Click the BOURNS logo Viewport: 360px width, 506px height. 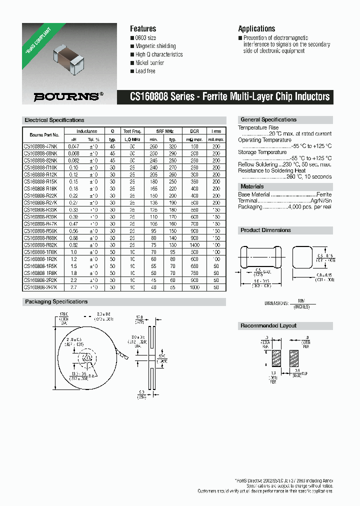pyautogui.click(x=68, y=97)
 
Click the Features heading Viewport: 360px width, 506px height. pyautogui.click(x=143, y=29)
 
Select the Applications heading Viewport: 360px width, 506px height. pyautogui.click(x=256, y=29)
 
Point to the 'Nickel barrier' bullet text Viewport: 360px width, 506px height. pyautogui.click(x=149, y=63)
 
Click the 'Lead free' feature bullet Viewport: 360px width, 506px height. pyautogui.click(x=145, y=71)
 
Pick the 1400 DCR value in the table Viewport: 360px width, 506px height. pyautogui.click(x=194, y=245)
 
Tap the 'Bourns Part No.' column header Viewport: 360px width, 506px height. pyautogui.click(x=44, y=135)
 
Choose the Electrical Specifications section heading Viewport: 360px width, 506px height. pyautogui.click(x=54, y=120)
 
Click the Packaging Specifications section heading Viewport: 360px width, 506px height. pyautogui.click(x=56, y=302)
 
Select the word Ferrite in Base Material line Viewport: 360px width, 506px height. pyautogui.click(x=323, y=194)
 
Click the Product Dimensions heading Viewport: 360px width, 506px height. pyautogui.click(x=265, y=230)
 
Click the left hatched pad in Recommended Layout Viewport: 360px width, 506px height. pyautogui.click(x=276, y=357)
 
